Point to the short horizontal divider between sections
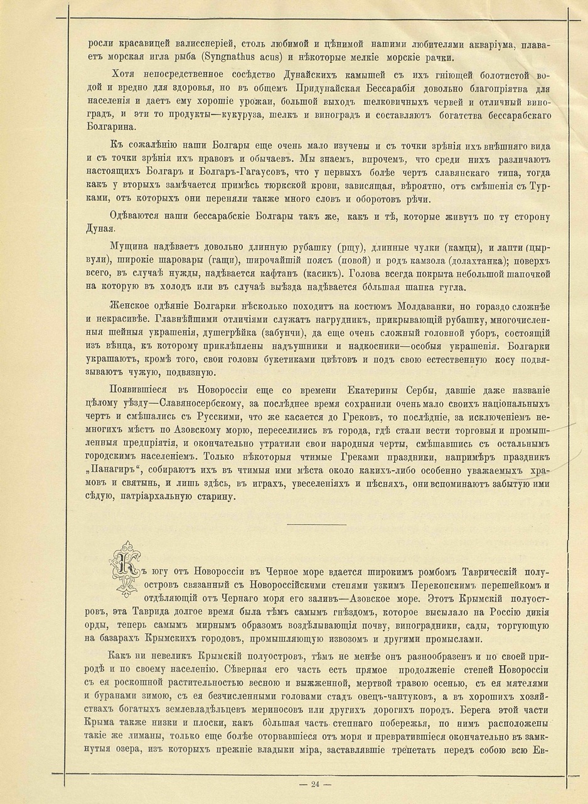(x=316, y=524)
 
